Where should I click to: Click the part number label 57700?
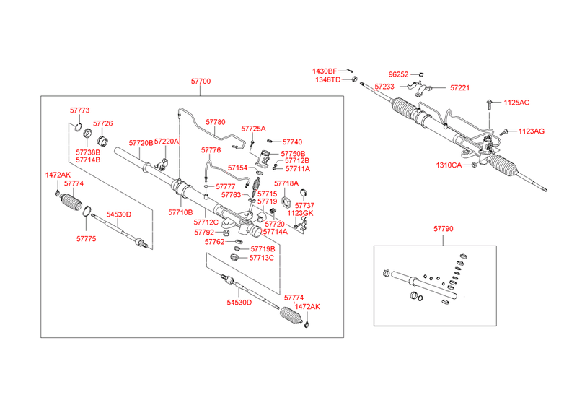[x=201, y=82]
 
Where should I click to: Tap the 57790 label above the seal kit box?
[x=443, y=229]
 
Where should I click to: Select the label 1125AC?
[x=516, y=103]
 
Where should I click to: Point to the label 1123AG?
[x=532, y=131]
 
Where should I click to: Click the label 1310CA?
[x=449, y=165]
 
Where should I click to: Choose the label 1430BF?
[x=325, y=71]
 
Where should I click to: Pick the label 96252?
[x=399, y=74]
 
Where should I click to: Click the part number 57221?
[x=459, y=87]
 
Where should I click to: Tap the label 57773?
[x=79, y=110]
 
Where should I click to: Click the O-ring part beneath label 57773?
[x=78, y=127]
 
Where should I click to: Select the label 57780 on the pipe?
[x=215, y=122]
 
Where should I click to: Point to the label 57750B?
[x=293, y=154]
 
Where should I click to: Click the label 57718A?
[x=286, y=183]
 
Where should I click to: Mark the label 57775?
[x=86, y=239]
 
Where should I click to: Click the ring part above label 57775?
[x=87, y=211]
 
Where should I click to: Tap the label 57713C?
[x=262, y=258]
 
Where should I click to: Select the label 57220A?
[x=167, y=142]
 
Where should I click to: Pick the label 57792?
[x=204, y=232]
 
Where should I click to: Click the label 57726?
[x=102, y=123]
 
